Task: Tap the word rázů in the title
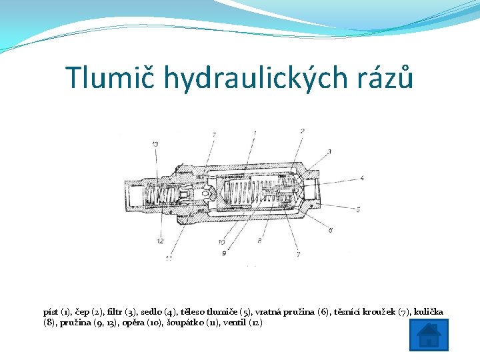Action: [387, 78]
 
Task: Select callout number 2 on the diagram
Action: [303, 131]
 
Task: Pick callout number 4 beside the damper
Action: [361, 178]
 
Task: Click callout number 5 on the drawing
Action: [359, 209]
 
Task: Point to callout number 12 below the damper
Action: [160, 241]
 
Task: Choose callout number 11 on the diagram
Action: [169, 258]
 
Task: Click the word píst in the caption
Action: [51, 311]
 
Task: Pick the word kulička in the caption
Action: [428, 311]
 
